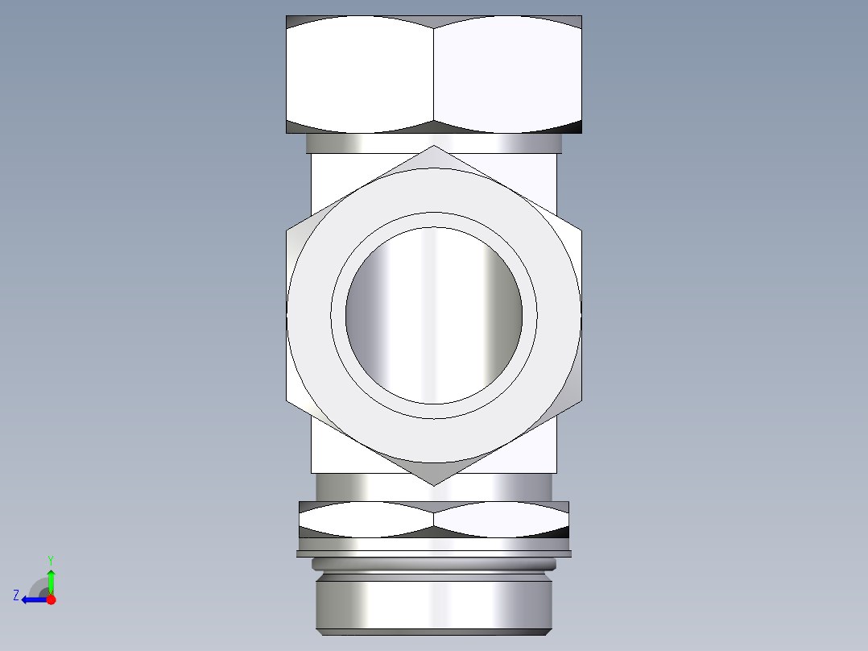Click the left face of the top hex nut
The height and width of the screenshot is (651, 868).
pos(360,74)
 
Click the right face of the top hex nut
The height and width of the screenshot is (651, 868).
pos(507,74)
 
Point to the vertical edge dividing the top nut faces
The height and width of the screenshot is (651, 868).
pos(434,74)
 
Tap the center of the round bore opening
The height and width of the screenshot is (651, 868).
pos(434,314)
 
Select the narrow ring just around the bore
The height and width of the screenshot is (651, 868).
pos(434,219)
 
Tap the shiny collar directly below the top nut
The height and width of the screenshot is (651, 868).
pos(434,143)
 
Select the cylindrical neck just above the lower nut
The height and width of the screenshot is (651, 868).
pos(434,487)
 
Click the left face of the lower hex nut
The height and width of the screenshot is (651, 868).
pos(366,519)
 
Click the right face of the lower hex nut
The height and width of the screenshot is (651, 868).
pos(501,519)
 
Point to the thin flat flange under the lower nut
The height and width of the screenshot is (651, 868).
pos(434,554)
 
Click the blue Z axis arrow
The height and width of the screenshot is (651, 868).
pos(32,599)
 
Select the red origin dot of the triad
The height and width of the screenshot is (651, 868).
pos(51,599)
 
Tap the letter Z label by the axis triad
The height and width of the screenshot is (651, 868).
pos(16,595)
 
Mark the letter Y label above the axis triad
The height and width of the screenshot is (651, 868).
pos(50,560)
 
